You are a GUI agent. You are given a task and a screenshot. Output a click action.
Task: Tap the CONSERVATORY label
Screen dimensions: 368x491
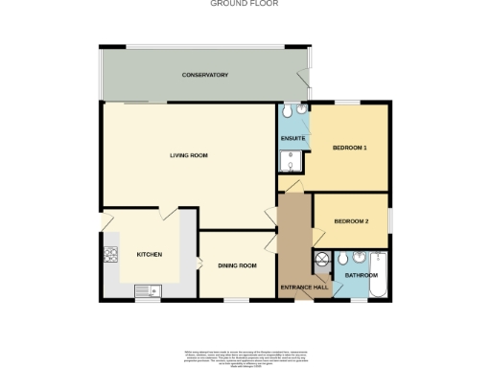[x=205, y=75]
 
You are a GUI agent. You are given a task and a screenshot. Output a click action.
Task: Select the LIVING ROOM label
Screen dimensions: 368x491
[x=189, y=155]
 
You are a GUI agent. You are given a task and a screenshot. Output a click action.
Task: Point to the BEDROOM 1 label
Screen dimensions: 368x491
[x=350, y=148]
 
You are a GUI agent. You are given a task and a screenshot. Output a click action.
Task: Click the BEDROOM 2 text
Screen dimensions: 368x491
[x=351, y=221]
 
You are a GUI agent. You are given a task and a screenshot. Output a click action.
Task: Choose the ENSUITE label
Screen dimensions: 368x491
[x=292, y=140]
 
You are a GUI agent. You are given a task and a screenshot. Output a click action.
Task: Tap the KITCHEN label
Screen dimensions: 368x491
[x=149, y=254]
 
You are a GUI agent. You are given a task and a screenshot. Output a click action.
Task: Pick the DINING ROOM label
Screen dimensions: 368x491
[x=237, y=265]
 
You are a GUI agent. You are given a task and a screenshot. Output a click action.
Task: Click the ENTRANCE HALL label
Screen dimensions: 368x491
[x=304, y=287]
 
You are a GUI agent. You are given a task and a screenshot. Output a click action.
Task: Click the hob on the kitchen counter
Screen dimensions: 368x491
[x=110, y=254]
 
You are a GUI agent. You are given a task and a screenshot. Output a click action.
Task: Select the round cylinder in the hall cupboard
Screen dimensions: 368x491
[x=321, y=259]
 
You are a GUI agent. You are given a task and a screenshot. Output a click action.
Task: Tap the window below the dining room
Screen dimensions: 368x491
[x=236, y=300]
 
